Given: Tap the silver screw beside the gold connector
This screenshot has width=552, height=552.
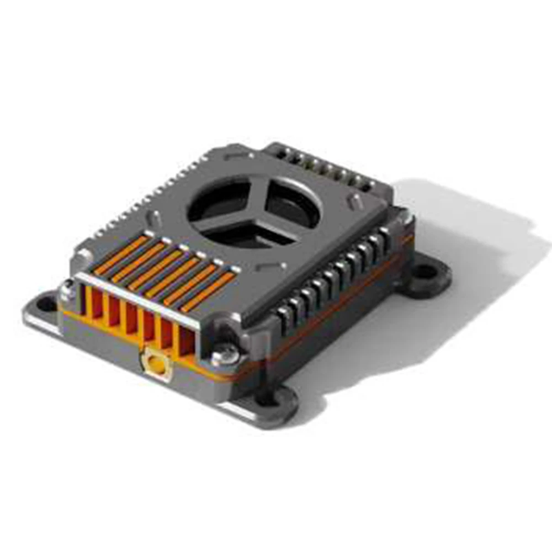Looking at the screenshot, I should point(226,354).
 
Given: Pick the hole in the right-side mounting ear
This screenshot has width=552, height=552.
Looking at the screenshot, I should point(424,271).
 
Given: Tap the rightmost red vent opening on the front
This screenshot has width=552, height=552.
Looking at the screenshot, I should point(186,341).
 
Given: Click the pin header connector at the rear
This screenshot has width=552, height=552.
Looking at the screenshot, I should point(326,163).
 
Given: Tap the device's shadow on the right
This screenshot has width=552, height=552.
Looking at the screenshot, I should point(475,232).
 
